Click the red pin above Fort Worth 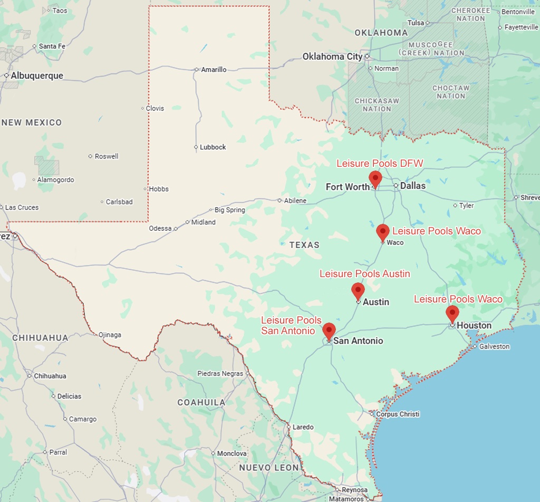tap(375, 178)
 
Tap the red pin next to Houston tap(452, 313)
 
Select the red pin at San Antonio tap(329, 330)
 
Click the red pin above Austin tap(358, 290)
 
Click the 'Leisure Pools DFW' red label tap(380, 164)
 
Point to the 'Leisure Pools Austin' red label tap(364, 273)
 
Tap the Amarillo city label tap(214, 70)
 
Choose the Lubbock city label tap(213, 147)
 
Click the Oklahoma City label tap(332, 56)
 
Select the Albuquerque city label tap(36, 75)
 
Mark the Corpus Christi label tap(398, 414)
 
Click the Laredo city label tap(303, 427)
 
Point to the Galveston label tap(494, 347)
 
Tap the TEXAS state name tap(304, 245)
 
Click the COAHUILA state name tap(201, 402)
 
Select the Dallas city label tap(412, 186)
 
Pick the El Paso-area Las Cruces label tap(22, 207)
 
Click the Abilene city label tap(295, 201)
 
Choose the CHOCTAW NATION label tap(451, 92)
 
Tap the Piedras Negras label tap(220, 374)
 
